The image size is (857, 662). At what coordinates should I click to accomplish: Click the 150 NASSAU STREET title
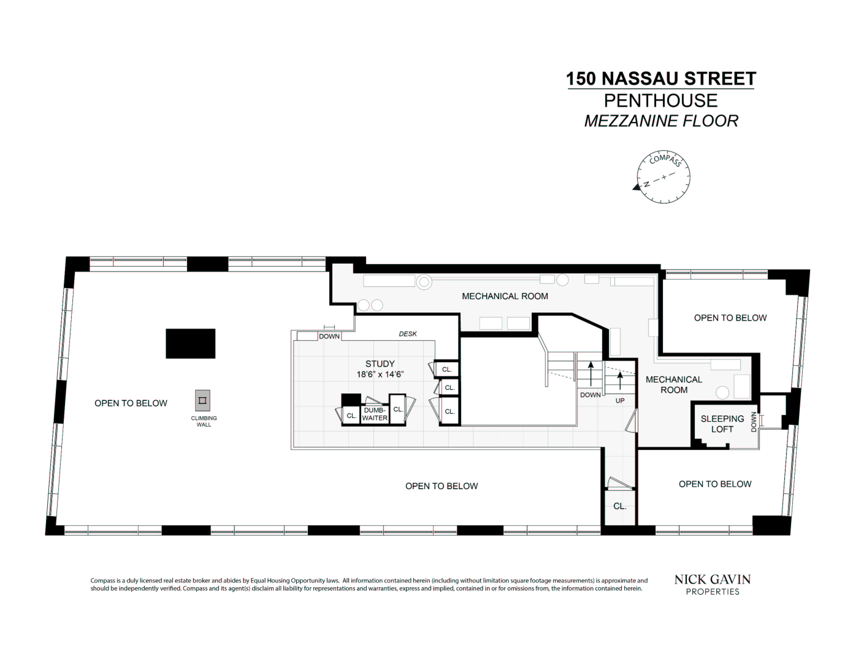pos(661,79)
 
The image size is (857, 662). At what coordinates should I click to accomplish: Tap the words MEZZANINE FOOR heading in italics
pos(661,121)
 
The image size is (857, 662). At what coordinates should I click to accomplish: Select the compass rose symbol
pos(663,177)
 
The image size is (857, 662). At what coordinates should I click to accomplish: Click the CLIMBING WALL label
pos(204,421)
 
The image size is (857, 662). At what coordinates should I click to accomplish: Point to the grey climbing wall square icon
pos(202,400)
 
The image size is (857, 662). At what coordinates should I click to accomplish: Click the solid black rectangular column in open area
pos(190,344)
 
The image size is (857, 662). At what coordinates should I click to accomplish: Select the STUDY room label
pos(380,363)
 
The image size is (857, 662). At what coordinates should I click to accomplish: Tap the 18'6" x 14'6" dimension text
pos(380,375)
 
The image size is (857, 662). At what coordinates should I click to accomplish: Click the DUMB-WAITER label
pos(374,414)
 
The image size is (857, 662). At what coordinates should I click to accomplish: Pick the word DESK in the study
pos(408,334)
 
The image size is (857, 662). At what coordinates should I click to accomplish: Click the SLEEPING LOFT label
pos(722,424)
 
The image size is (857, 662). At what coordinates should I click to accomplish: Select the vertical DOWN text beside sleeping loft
pos(754,422)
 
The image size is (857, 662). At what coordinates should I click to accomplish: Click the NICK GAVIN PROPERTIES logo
pos(712,585)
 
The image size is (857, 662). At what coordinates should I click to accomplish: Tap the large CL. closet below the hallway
pos(620,506)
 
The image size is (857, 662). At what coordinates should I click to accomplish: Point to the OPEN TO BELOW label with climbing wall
pos(131,403)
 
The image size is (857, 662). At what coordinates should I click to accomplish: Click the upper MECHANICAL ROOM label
pos(505,296)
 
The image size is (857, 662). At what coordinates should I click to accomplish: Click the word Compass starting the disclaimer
pos(103,580)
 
